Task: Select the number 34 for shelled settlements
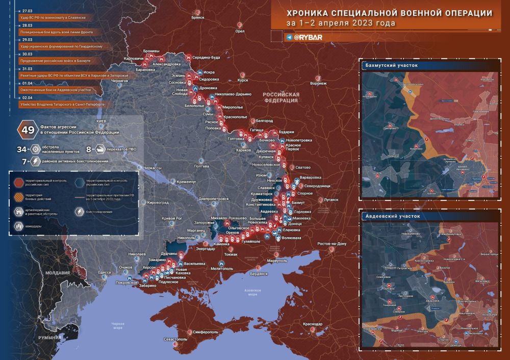(21, 149)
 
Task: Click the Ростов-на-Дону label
(331, 243)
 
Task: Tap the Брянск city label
(197, 17)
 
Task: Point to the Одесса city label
(105, 272)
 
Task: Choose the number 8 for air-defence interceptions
(88, 149)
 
